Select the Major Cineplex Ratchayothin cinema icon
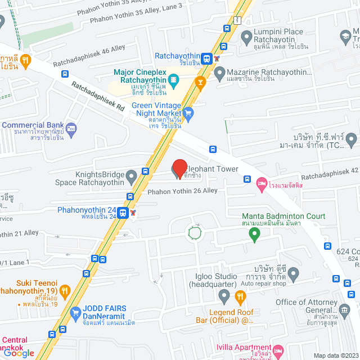coord(173,80)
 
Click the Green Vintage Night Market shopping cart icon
coord(188,111)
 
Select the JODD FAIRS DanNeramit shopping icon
coord(75,312)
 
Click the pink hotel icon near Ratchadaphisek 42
coord(261,183)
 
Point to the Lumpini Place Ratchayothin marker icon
coord(246,37)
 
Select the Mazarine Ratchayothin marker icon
coord(220,72)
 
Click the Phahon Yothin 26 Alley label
coord(182,191)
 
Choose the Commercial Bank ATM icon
coord(70,129)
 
